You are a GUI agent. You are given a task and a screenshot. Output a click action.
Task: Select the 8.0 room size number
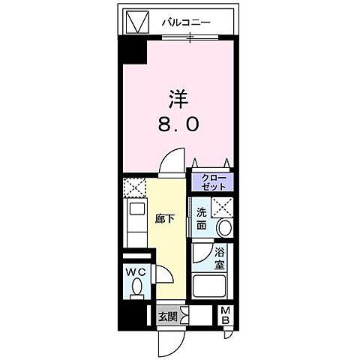click(178, 125)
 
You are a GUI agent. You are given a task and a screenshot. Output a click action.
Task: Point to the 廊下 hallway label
click(165, 220)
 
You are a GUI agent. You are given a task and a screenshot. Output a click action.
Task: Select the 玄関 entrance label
click(167, 316)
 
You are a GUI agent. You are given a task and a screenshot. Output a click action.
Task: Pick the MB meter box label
click(225, 316)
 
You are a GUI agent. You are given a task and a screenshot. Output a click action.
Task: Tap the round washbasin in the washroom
click(223, 229)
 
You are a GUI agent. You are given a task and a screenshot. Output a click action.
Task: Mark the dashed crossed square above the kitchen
click(134, 187)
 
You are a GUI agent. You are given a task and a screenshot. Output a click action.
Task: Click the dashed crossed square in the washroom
click(223, 207)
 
